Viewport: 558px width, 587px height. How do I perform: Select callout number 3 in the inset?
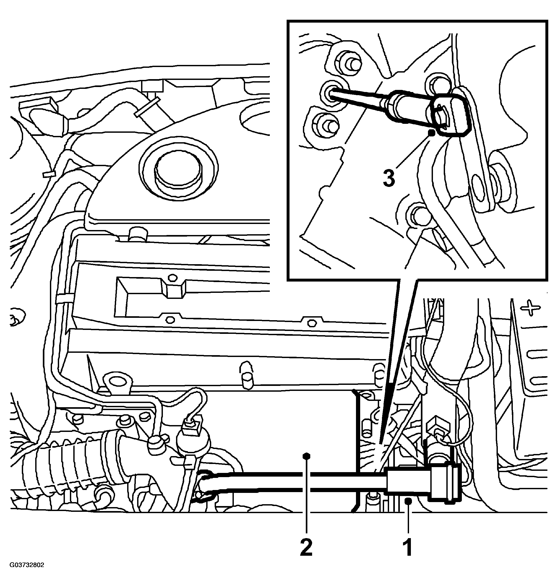389,178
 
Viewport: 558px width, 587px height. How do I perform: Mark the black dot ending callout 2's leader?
306,456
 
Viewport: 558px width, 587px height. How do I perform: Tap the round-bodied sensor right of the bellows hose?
193,441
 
